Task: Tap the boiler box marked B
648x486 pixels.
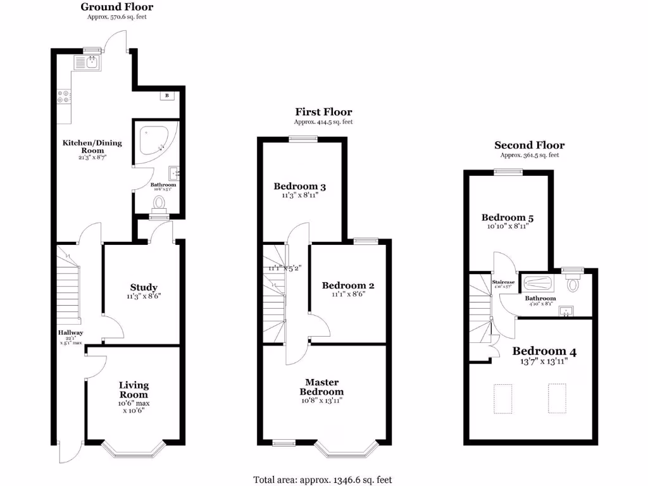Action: pyautogui.click(x=167, y=96)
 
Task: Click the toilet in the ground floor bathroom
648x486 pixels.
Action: pyautogui.click(x=158, y=202)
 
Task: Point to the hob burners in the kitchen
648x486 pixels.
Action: pyautogui.click(x=64, y=97)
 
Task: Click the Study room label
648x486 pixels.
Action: pyautogui.click(x=144, y=287)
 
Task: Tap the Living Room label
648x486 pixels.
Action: pyautogui.click(x=134, y=390)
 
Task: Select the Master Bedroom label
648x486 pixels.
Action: pyautogui.click(x=322, y=387)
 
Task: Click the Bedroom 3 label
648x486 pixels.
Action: pyautogui.click(x=300, y=186)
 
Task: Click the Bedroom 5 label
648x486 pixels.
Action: pyautogui.click(x=508, y=218)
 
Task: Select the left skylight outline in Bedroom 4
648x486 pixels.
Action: pyautogui.click(x=503, y=398)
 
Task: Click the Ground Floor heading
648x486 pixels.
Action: pyautogui.click(x=117, y=7)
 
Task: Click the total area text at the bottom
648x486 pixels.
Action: pyautogui.click(x=324, y=480)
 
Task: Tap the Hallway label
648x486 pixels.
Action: pyautogui.click(x=70, y=333)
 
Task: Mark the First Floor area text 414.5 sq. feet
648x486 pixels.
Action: pyautogui.click(x=323, y=121)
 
